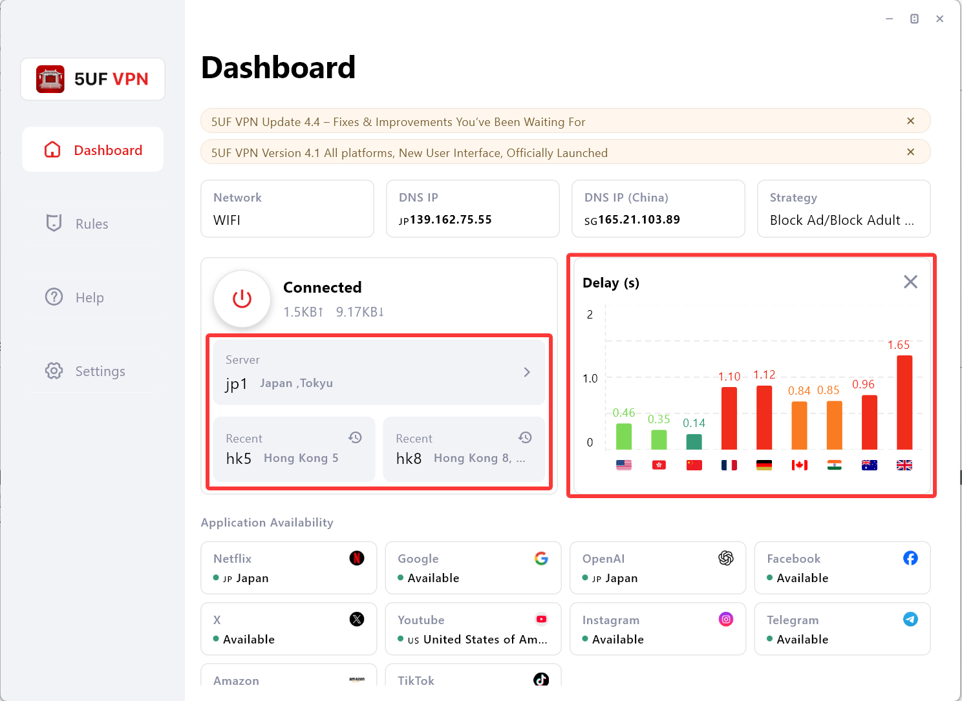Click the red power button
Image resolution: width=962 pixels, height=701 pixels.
click(242, 298)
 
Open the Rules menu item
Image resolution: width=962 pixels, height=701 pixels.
click(92, 224)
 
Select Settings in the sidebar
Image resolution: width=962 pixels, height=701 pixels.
click(100, 371)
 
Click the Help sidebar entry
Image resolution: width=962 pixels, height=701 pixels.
click(89, 298)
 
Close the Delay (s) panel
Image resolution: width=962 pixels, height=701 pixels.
click(910, 282)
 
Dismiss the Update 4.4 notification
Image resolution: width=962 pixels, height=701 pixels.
click(910, 121)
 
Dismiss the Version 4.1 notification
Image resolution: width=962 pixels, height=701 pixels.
click(910, 152)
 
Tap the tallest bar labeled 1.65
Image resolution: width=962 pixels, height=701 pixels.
click(904, 402)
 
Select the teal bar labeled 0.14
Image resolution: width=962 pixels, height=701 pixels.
click(694, 441)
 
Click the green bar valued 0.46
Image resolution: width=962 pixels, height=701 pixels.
click(624, 436)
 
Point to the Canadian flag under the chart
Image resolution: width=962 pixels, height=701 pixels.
click(800, 465)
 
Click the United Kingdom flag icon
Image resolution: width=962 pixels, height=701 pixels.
click(904, 465)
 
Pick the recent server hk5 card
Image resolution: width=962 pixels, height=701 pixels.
click(294, 450)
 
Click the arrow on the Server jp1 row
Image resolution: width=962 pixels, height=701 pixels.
click(527, 372)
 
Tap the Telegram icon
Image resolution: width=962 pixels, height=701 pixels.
click(910, 619)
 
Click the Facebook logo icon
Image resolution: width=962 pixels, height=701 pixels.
click(910, 558)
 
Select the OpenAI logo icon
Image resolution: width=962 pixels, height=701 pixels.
click(726, 558)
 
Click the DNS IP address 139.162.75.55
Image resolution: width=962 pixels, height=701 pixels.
click(451, 220)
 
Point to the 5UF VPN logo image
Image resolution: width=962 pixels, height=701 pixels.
click(50, 79)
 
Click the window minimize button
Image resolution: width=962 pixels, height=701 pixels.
click(890, 19)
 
